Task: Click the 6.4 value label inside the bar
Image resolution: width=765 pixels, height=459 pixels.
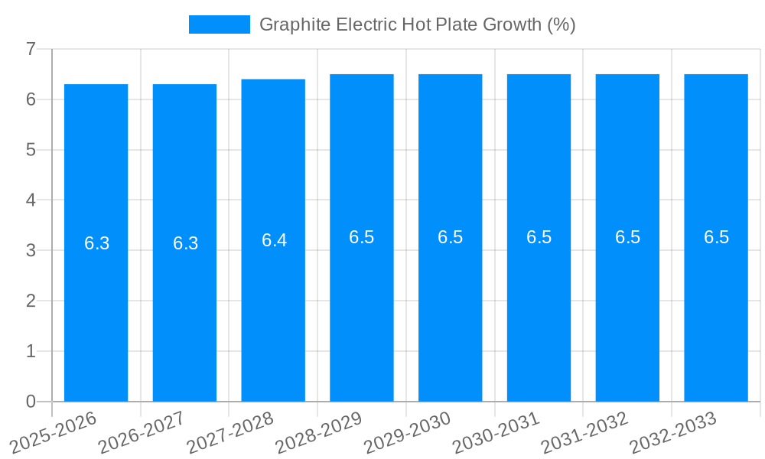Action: pyautogui.click(x=274, y=240)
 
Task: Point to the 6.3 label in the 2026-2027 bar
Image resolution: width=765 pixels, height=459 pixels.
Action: pyautogui.click(x=185, y=243)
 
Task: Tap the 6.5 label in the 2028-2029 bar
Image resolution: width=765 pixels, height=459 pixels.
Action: pyautogui.click(x=361, y=237)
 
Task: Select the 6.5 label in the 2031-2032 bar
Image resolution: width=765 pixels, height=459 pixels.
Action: pyautogui.click(x=627, y=237)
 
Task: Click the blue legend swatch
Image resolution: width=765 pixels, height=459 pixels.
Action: pyautogui.click(x=220, y=24)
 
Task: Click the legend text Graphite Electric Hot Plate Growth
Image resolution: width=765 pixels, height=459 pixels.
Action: pyautogui.click(x=417, y=24)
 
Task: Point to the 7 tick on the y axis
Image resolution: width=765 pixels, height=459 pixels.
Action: pyautogui.click(x=31, y=49)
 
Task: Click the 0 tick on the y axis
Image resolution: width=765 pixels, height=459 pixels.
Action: pyautogui.click(x=31, y=402)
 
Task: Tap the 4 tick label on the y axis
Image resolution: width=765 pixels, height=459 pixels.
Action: pyautogui.click(x=31, y=200)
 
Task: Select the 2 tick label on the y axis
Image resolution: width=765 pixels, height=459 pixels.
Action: pyautogui.click(x=31, y=301)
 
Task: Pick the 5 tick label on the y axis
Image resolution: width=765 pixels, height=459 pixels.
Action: pyautogui.click(x=31, y=150)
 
